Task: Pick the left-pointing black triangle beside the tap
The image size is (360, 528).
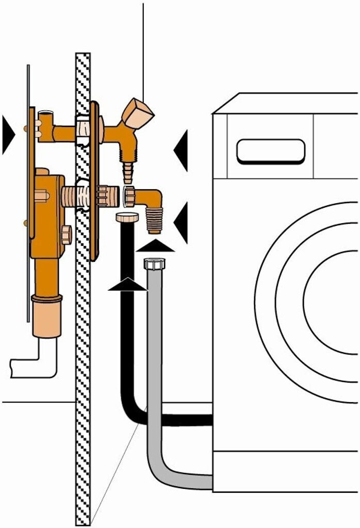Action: click(181, 150)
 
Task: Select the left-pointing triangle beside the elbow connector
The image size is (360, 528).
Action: click(181, 222)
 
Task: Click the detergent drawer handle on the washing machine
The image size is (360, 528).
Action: click(271, 151)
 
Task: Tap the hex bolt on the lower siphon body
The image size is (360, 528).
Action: click(66, 235)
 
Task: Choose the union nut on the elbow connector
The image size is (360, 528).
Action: click(130, 196)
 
